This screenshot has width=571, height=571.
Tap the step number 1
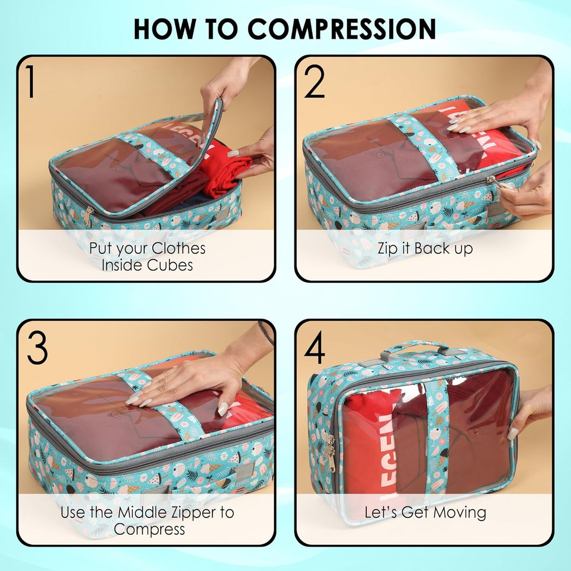31,81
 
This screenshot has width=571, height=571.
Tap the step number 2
314,81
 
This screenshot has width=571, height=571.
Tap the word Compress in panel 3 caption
149,529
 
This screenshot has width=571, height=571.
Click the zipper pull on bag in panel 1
88,216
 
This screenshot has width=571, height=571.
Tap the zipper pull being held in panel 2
494,181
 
